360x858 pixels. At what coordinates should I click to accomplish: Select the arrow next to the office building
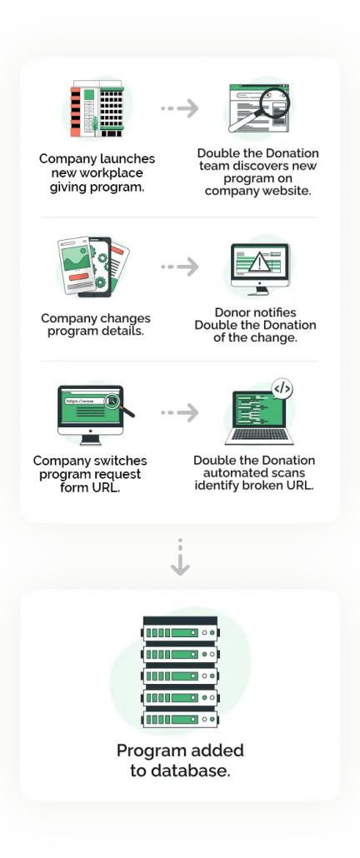point(180,108)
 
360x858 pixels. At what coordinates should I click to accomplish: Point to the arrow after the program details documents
point(180,267)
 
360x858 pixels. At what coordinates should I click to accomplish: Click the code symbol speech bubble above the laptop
point(282,389)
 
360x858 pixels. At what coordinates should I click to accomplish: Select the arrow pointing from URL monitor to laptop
point(180,412)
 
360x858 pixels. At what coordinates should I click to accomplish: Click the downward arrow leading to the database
point(180,558)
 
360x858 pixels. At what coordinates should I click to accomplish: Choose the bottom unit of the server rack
point(180,718)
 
